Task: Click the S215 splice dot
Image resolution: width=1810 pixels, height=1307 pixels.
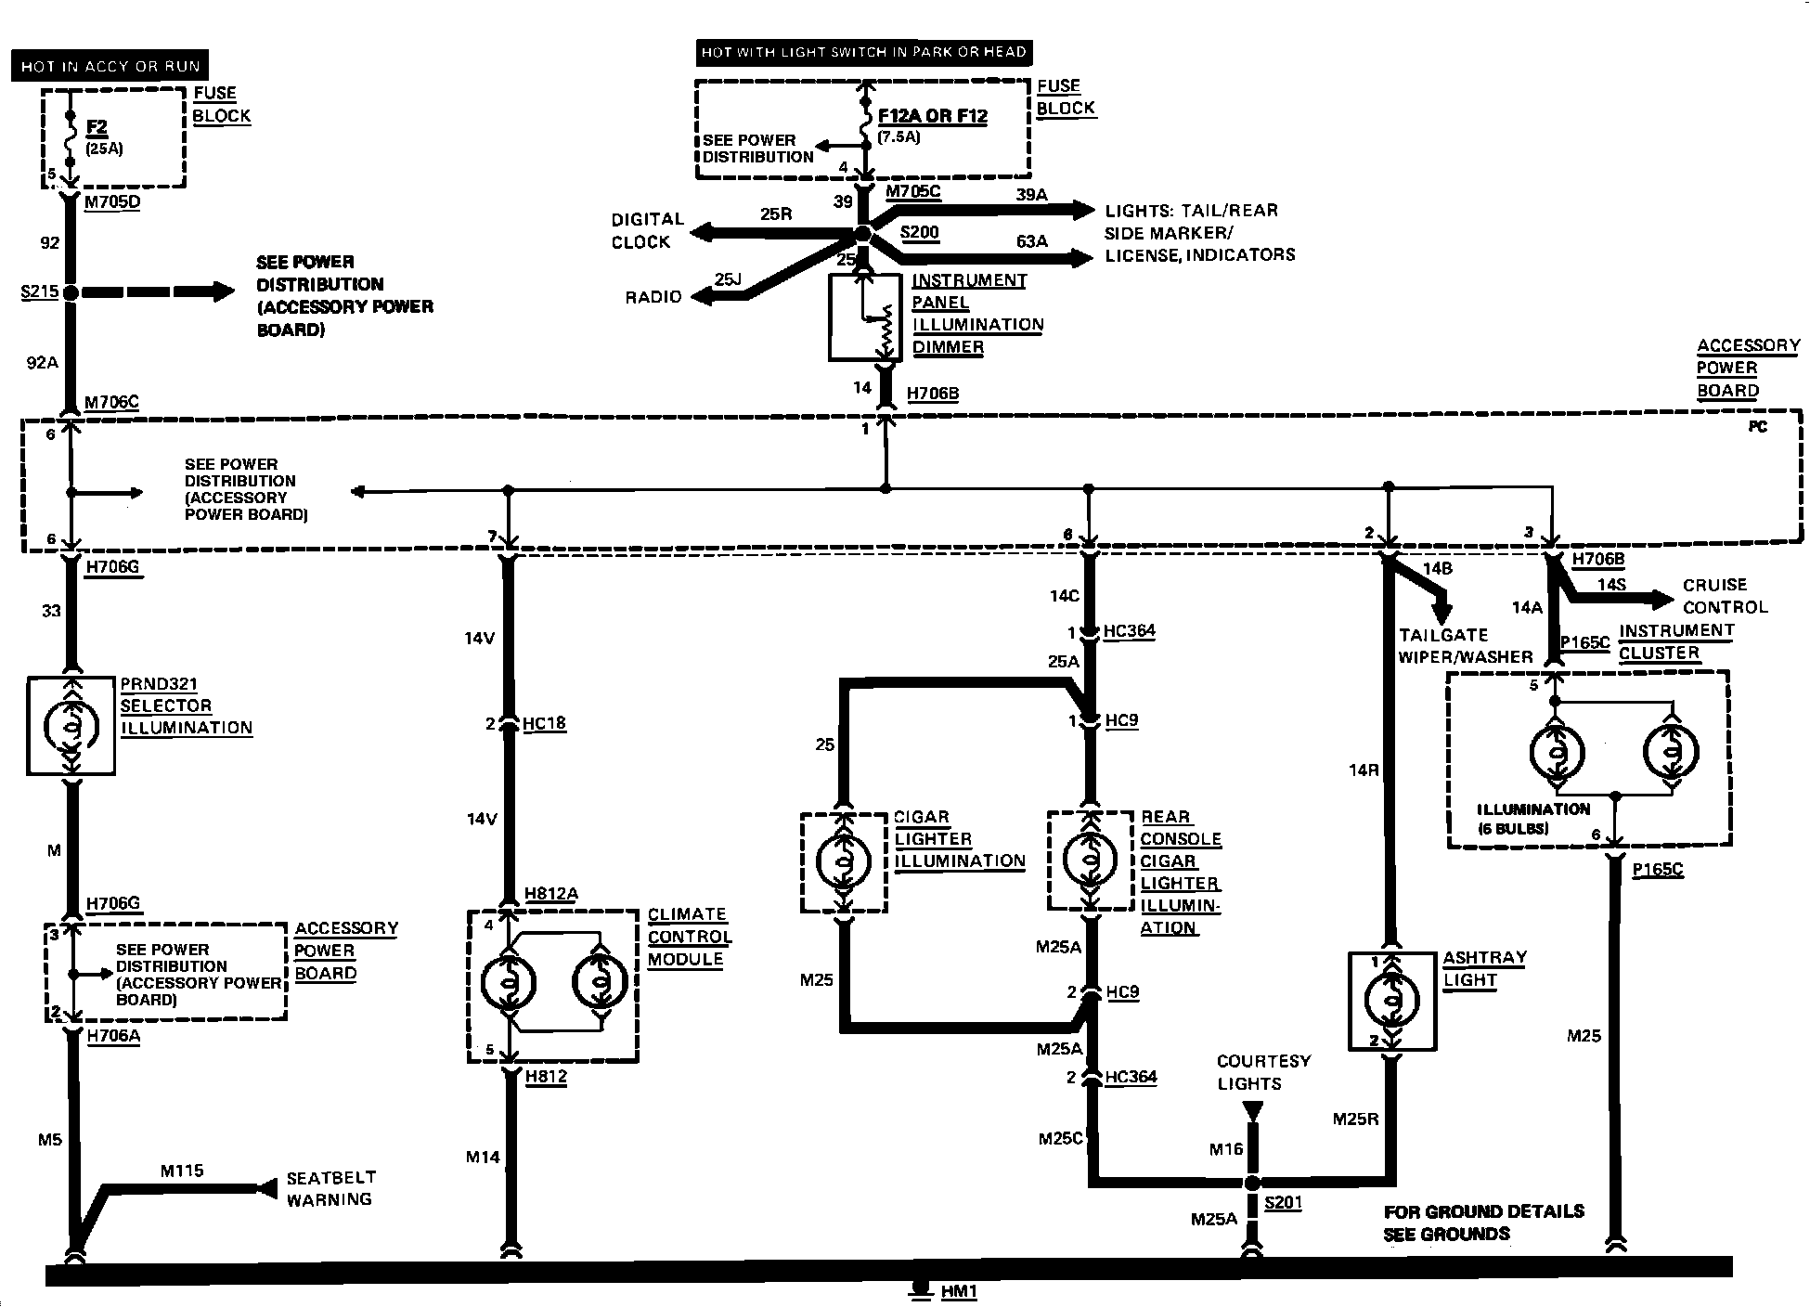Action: tap(71, 291)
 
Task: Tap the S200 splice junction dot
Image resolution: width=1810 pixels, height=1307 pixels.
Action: tap(863, 232)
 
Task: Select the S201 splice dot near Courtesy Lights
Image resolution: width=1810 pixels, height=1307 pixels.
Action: tap(1253, 1183)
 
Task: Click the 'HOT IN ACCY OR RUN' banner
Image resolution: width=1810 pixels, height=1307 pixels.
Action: tap(110, 66)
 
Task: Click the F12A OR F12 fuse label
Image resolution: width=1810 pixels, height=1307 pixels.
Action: tap(933, 116)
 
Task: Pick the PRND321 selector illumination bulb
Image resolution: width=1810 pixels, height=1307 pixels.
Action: tap(71, 726)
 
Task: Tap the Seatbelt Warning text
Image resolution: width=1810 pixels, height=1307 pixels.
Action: tap(330, 1188)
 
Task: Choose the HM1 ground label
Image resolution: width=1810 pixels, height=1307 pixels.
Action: tap(959, 1291)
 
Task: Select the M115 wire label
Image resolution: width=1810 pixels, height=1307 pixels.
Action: tap(182, 1171)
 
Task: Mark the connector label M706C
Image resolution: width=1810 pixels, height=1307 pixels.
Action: tap(111, 402)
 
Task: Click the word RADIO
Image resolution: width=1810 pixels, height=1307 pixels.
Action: tap(653, 297)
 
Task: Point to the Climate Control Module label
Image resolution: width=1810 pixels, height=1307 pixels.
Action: tap(690, 937)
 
